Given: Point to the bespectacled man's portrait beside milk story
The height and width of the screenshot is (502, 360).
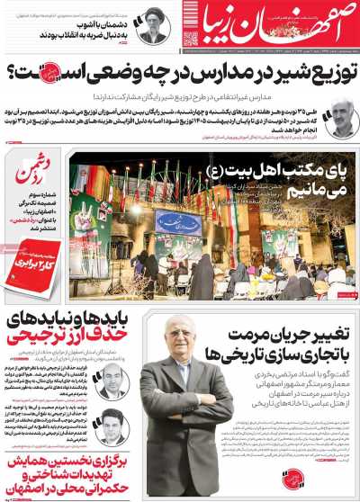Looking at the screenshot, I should tap(338, 117).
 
